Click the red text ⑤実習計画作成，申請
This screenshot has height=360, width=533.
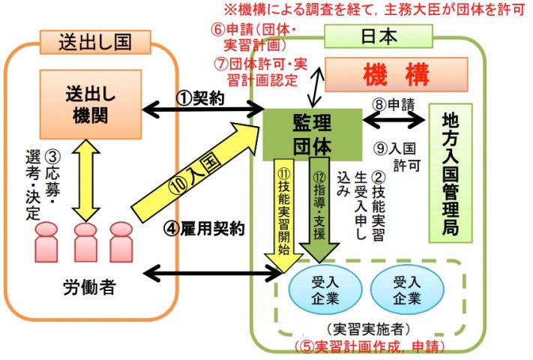tap(370, 346)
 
